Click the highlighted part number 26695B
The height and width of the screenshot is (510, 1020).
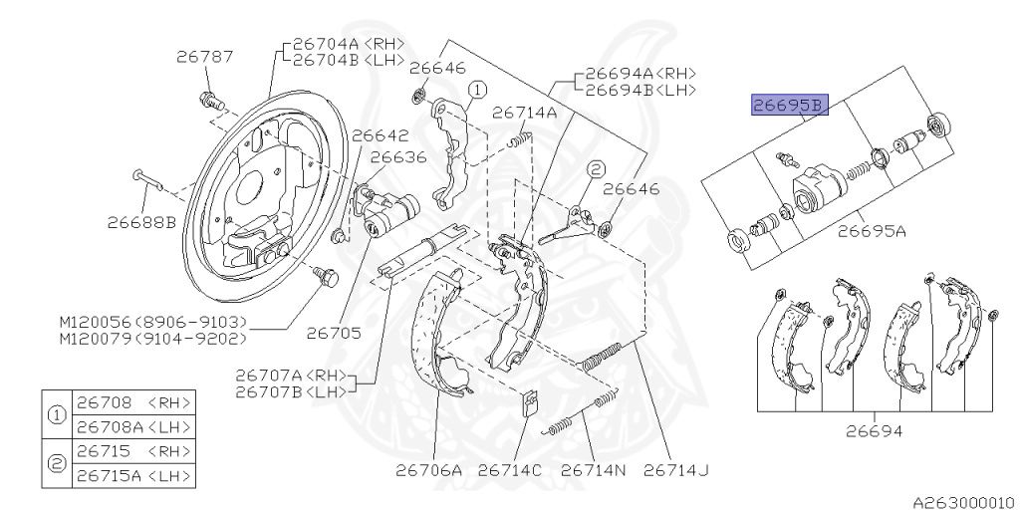(790, 104)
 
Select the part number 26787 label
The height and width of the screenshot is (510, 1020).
(204, 57)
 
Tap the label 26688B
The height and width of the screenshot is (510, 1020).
(141, 223)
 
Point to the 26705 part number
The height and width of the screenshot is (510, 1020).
(334, 333)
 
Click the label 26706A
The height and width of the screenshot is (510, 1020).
(429, 470)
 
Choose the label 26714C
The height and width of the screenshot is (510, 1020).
(509, 470)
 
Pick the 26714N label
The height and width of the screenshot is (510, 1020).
(593, 470)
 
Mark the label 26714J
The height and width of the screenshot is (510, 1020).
(675, 470)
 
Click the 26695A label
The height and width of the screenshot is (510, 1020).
(871, 231)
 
